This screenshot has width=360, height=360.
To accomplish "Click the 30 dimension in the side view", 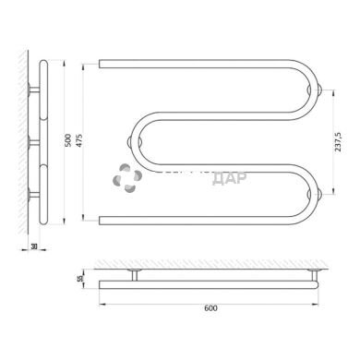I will (x=34, y=247).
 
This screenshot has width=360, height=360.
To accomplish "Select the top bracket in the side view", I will (x=34, y=90).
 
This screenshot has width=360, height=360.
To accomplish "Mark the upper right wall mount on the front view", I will (x=318, y=90).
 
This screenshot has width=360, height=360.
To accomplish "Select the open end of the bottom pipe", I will (x=101, y=219).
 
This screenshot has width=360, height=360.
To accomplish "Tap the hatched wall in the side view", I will (x=23, y=138).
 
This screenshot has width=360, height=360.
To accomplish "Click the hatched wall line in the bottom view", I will (x=212, y=263).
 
